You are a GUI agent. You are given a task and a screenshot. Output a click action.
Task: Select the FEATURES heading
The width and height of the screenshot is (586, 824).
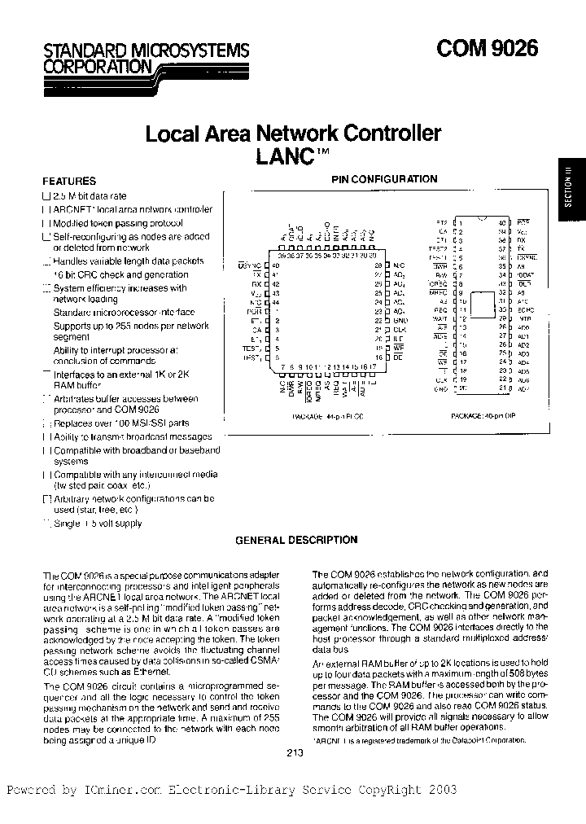coord(69,182)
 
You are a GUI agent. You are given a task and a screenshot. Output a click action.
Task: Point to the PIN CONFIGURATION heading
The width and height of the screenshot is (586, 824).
coord(384,179)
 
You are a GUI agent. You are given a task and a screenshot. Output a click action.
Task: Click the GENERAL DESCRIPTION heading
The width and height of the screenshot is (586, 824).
coord(296,540)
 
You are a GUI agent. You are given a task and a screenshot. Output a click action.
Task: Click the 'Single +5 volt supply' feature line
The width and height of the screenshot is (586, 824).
coord(97,524)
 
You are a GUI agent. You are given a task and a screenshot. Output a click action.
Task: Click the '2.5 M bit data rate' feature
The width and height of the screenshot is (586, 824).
coord(90,196)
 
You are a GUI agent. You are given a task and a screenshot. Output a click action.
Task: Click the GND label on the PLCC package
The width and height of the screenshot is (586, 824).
coord(398,321)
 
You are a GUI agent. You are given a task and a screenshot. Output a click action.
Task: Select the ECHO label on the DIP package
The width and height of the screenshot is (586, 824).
coord(523,310)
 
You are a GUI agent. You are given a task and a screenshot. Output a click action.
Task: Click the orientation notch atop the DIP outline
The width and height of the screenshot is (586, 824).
coord(482,219)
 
